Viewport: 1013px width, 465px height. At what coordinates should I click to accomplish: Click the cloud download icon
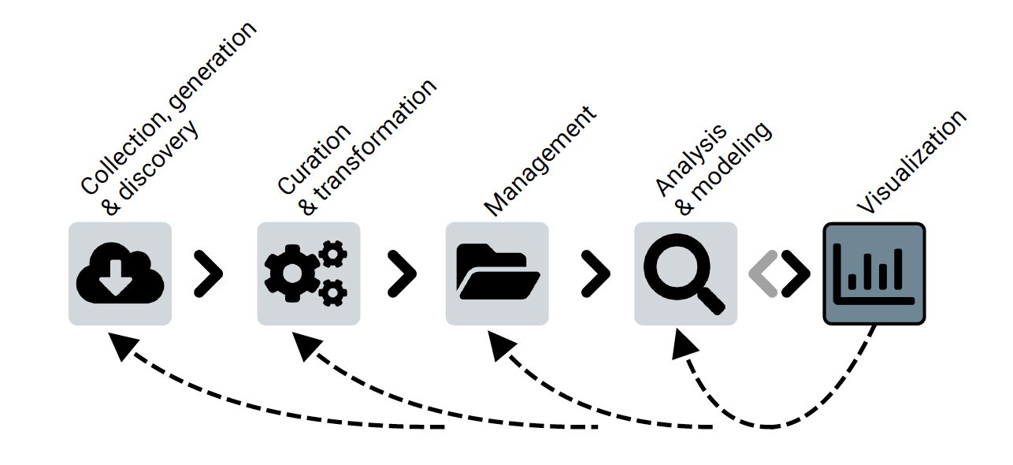[120, 273]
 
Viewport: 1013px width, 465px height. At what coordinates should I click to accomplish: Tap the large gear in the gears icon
[292, 273]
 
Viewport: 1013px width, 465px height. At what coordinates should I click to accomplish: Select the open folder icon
[497, 273]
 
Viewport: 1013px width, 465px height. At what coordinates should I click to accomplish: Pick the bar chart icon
[874, 273]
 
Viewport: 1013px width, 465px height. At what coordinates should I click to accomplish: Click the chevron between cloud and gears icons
[209, 273]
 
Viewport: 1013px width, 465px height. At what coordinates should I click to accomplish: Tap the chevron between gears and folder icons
[402, 273]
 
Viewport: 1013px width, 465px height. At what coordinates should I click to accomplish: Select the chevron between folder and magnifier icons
[596, 273]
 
